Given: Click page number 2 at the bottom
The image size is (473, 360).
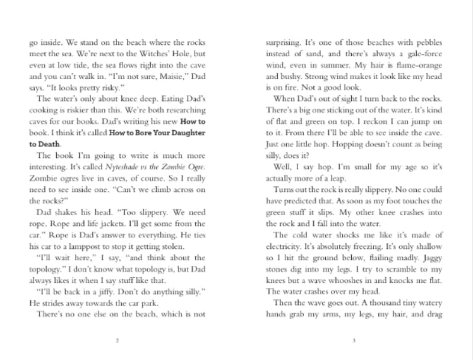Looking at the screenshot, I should (x=118, y=340).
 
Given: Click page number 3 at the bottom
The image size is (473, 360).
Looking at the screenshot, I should (x=353, y=340).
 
